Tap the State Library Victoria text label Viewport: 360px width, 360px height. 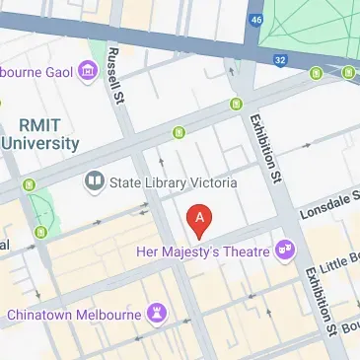click(174, 181)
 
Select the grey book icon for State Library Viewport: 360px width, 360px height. click(95, 181)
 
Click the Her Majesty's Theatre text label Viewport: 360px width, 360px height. click(201, 250)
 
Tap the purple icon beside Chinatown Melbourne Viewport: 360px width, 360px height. click(156, 314)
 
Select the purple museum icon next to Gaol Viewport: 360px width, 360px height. click(87, 70)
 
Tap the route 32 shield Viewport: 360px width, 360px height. click(280, 59)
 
